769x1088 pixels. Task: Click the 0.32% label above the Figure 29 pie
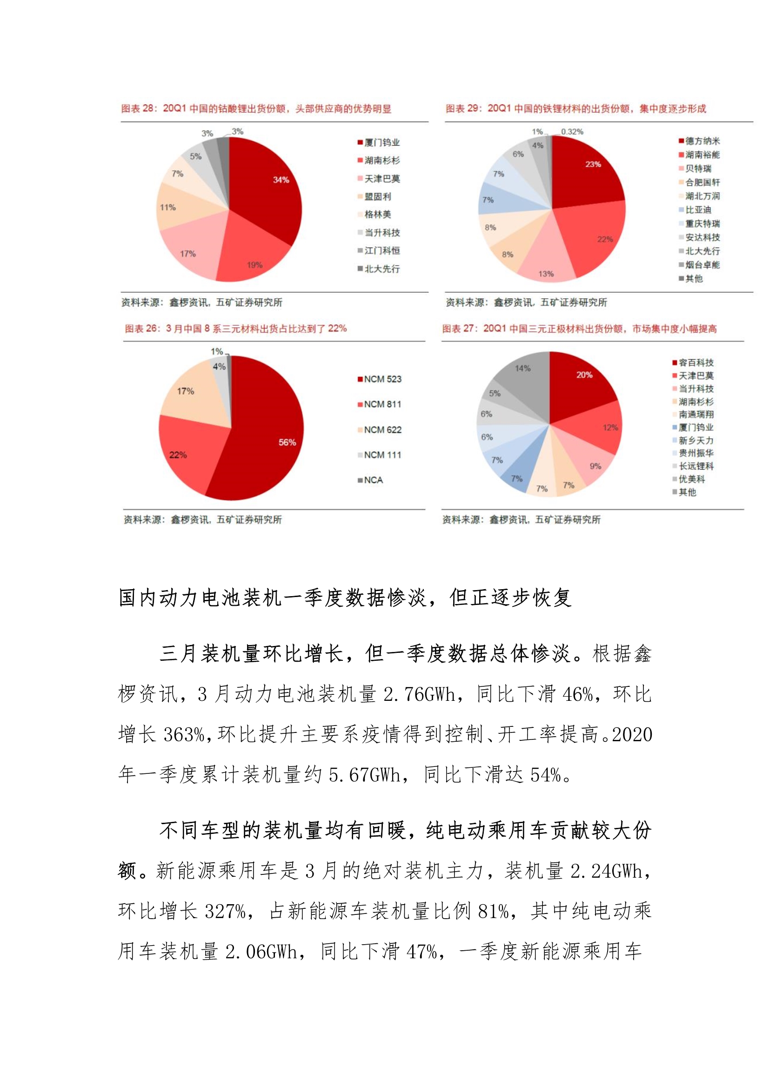pyautogui.click(x=572, y=132)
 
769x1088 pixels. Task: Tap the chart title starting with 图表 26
pyautogui.click(x=235, y=329)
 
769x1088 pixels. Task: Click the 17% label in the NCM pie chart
pyautogui.click(x=185, y=391)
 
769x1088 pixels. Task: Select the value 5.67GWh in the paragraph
pyautogui.click(x=364, y=775)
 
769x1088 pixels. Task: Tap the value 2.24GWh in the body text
pyautogui.click(x=606, y=872)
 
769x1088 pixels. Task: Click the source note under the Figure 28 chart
pyautogui.click(x=201, y=302)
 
